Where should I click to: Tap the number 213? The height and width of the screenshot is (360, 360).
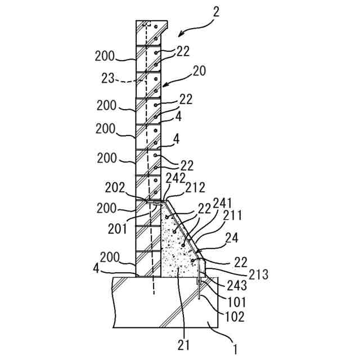(x=258, y=275)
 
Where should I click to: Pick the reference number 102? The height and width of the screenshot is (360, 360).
(x=235, y=316)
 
